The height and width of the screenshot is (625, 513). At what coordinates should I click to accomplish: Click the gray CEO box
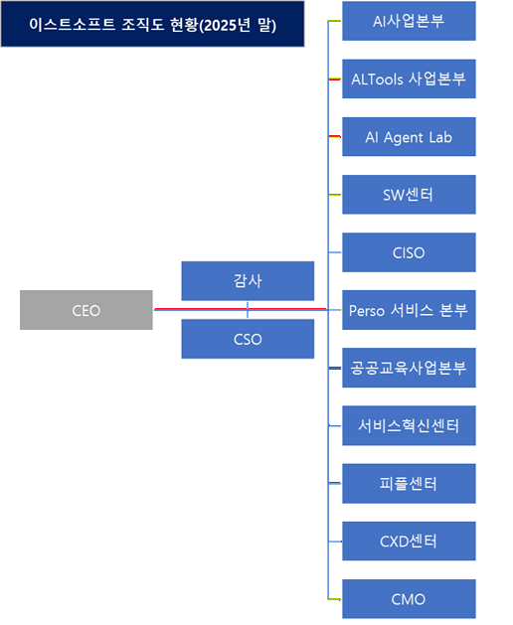tap(86, 310)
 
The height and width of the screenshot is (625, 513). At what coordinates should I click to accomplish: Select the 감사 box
tap(248, 281)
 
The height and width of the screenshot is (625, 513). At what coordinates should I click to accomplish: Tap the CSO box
tap(248, 340)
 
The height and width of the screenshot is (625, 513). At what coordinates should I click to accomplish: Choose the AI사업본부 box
tap(409, 21)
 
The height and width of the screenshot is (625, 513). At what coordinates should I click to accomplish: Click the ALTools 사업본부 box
tap(409, 78)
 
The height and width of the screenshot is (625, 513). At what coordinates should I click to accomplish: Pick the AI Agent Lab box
tap(409, 137)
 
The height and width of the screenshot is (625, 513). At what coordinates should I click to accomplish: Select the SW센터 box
tap(409, 195)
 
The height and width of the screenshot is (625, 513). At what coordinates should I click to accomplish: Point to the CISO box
tap(409, 252)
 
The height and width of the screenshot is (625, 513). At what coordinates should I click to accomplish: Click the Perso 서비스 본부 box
tap(409, 310)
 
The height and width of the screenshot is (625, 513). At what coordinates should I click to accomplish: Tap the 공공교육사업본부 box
tap(409, 368)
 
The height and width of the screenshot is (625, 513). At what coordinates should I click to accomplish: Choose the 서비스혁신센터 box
tap(409, 425)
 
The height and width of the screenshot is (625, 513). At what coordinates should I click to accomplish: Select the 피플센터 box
tap(409, 484)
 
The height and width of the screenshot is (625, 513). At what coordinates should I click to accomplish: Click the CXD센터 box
tap(409, 542)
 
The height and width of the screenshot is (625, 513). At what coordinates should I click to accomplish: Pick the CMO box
tap(409, 599)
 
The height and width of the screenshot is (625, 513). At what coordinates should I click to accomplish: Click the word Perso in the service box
tap(367, 310)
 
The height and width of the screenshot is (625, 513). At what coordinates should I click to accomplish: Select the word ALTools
tap(378, 78)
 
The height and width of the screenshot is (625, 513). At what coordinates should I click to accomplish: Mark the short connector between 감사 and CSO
tap(248, 311)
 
